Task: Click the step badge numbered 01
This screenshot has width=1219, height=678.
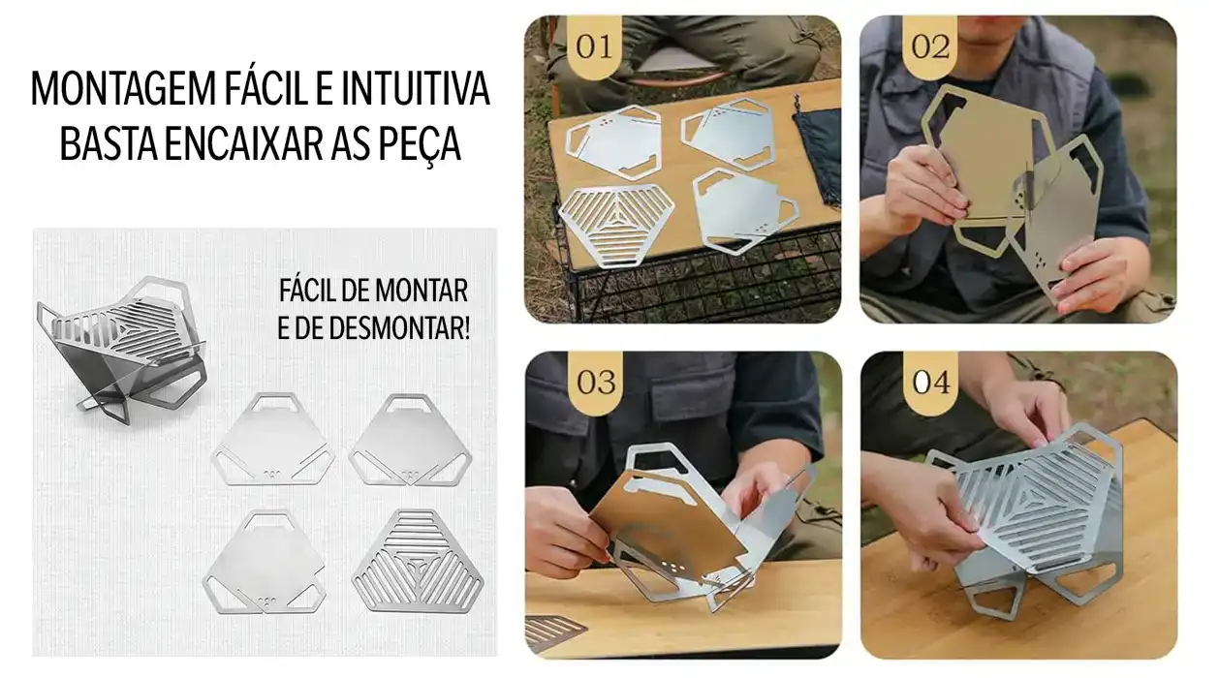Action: [x=594, y=46]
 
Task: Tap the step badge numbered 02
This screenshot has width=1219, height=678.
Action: [x=930, y=46]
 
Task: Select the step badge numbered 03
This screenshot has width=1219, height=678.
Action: [x=595, y=382]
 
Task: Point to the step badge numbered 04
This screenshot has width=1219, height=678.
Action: [x=930, y=382]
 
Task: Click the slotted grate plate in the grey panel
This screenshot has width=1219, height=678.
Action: [x=420, y=559]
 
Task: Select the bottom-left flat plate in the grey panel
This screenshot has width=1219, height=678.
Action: [x=264, y=563]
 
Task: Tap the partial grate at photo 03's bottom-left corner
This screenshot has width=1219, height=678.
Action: [x=555, y=631]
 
